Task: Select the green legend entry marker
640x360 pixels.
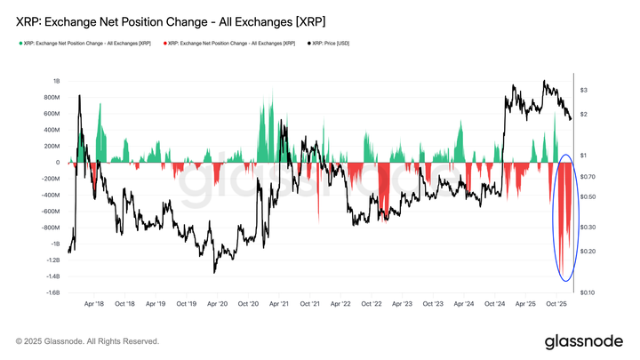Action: pyautogui.click(x=19, y=43)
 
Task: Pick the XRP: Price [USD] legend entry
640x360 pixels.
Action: pyautogui.click(x=330, y=43)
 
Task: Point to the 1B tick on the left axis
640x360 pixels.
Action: pyautogui.click(x=55, y=81)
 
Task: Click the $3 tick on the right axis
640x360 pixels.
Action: pyautogui.click(x=583, y=91)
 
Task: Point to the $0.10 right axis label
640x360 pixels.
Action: pyautogui.click(x=588, y=292)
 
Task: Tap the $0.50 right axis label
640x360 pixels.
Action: pyautogui.click(x=588, y=196)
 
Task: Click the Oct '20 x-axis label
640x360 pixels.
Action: pyautogui.click(x=248, y=303)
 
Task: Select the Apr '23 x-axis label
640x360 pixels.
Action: pyautogui.click(x=402, y=303)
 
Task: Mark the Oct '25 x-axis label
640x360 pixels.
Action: pyautogui.click(x=556, y=303)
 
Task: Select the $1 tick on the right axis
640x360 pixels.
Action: pyautogui.click(x=583, y=156)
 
